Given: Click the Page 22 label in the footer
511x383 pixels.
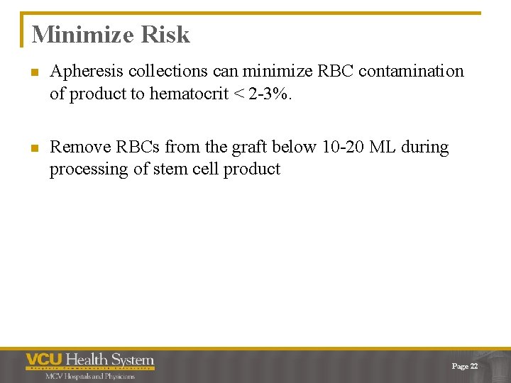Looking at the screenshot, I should pos(465,366).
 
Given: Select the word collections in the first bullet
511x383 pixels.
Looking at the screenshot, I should pos(170,72).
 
